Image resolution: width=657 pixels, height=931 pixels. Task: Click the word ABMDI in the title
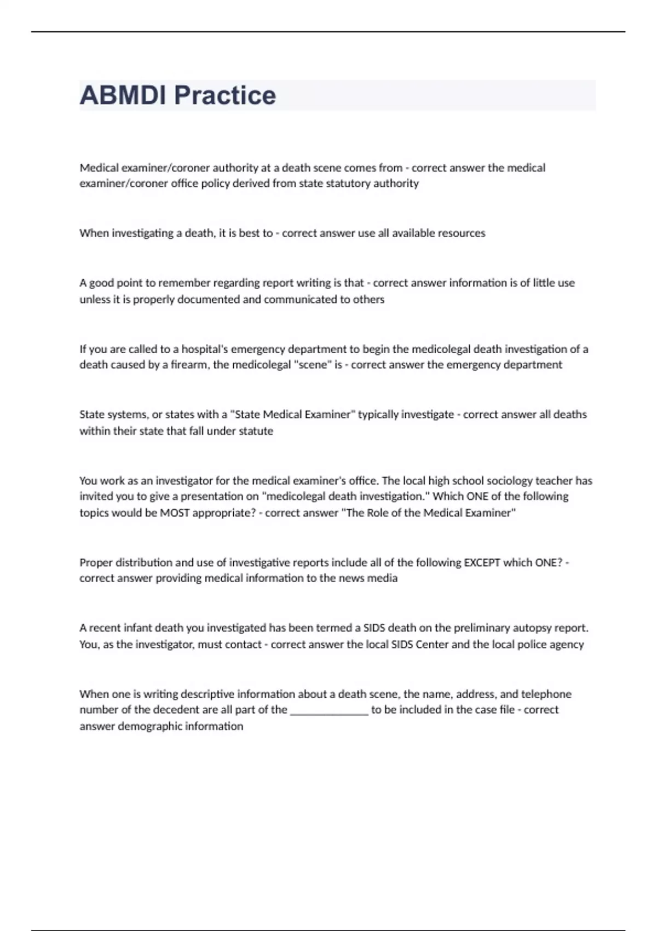[123, 95]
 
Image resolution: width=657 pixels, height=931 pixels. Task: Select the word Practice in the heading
[224, 95]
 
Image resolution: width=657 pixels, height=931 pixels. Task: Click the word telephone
[546, 694]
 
